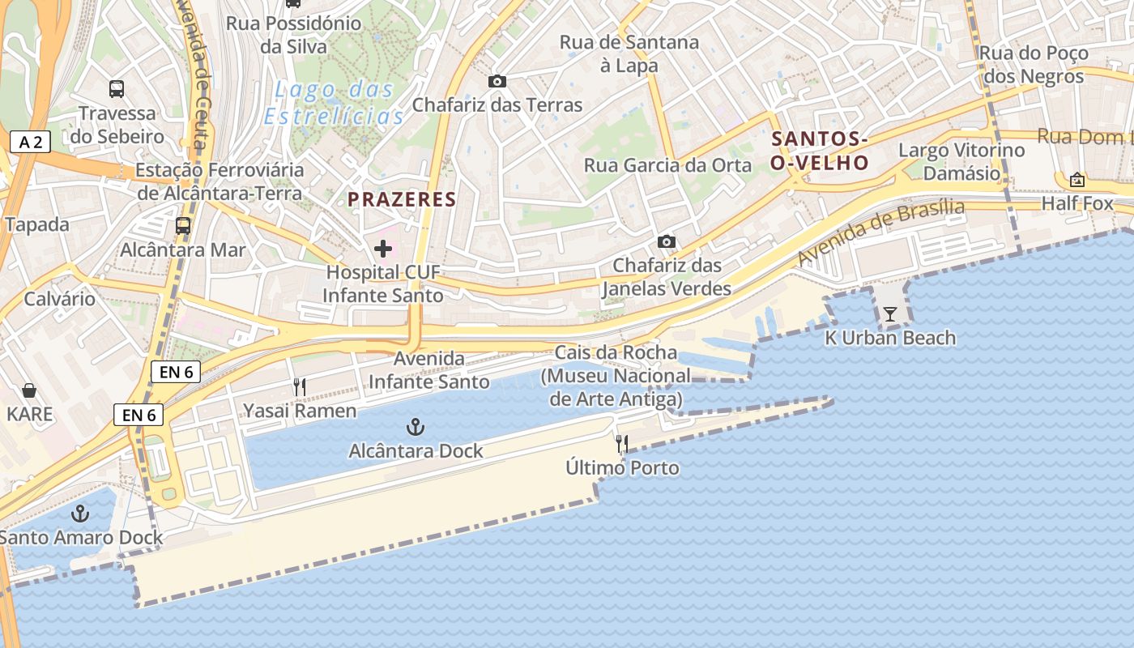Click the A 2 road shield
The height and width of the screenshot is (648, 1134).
point(30,143)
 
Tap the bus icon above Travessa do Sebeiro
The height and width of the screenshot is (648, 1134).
point(117,89)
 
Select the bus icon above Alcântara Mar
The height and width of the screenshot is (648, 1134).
point(183,226)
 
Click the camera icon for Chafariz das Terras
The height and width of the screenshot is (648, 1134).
point(497,81)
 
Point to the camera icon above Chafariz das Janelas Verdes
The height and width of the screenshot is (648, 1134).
point(666,241)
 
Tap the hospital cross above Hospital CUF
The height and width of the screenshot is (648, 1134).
point(383,249)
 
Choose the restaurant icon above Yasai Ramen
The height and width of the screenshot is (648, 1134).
point(300,387)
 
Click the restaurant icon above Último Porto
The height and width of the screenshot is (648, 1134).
point(622,444)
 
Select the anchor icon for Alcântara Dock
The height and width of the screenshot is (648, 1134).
point(416,427)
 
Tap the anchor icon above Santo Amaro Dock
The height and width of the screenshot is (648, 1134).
point(80,513)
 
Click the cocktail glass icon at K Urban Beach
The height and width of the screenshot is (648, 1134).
point(890,313)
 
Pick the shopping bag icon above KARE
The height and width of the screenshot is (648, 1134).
point(29,391)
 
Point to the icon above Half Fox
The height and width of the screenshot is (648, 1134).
point(1077,180)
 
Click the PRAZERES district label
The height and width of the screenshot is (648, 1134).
point(403,199)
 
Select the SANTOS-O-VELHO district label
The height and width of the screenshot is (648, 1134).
point(819,151)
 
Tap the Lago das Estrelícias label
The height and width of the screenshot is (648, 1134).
point(334,103)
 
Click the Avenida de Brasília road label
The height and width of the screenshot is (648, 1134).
point(880,232)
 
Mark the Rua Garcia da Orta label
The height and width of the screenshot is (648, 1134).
point(656,165)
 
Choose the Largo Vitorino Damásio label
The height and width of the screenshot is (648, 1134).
point(961,161)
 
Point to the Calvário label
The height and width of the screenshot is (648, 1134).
point(59,299)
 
